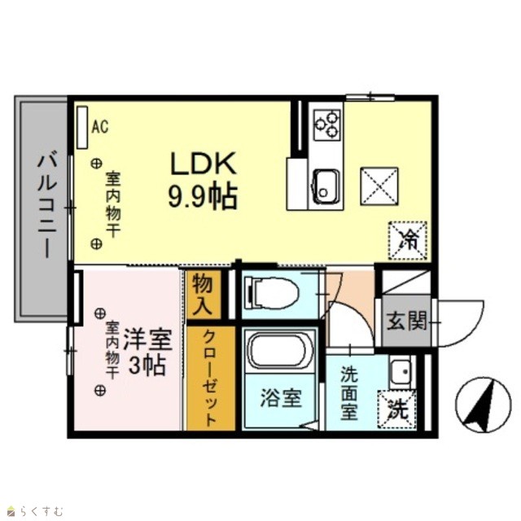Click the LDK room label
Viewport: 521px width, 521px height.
203,181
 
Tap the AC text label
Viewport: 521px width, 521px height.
100,127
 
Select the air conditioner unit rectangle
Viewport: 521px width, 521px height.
82,127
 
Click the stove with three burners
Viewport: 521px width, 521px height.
327,124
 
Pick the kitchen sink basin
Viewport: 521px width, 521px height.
326,186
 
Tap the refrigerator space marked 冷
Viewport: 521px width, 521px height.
408,240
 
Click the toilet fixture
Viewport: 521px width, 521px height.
271,293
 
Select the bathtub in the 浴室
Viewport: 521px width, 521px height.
280,350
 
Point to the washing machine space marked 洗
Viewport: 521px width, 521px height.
397,409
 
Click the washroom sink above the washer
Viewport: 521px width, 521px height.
402,371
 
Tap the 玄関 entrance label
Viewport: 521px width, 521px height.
406,321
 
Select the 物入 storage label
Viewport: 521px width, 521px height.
203,293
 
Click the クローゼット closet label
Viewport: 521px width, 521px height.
210,378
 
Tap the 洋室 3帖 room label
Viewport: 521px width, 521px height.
147,352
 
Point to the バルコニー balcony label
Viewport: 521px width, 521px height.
47,204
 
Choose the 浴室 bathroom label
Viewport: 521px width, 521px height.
281,398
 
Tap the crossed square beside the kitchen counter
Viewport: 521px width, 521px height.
379,186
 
